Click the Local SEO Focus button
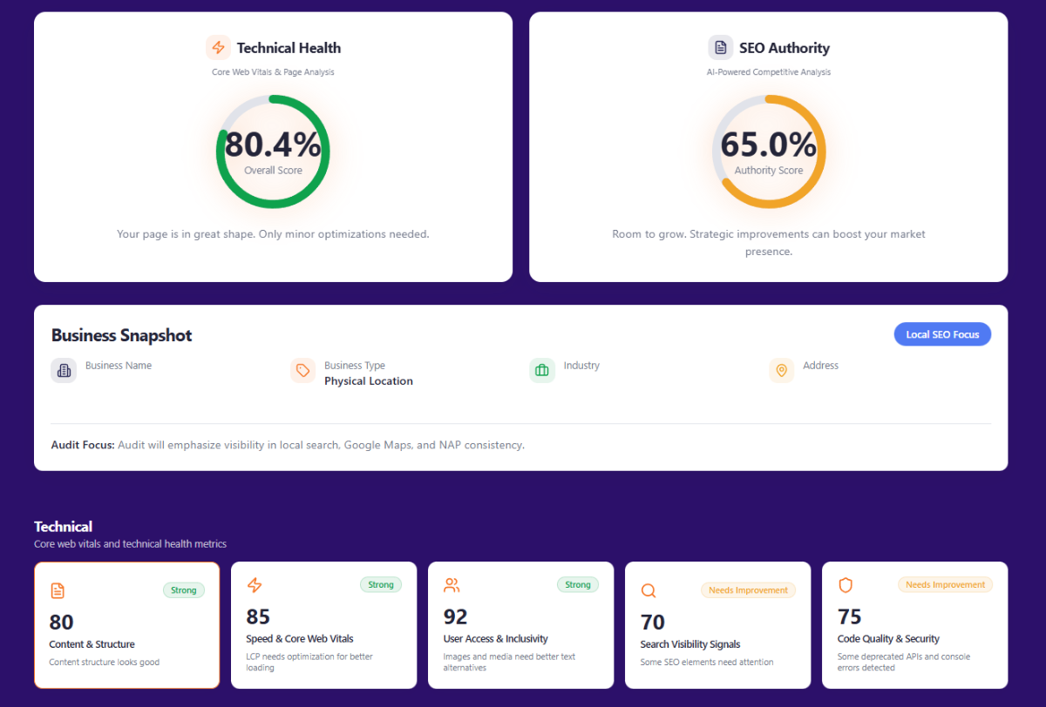click(942, 334)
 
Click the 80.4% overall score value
click(273, 145)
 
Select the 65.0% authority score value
click(768, 145)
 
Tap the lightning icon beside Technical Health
click(218, 48)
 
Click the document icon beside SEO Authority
click(720, 48)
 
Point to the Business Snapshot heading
click(121, 335)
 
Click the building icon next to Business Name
click(64, 371)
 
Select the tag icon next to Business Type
click(302, 371)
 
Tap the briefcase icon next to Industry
click(541, 371)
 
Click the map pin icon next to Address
click(781, 371)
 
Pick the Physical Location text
click(369, 381)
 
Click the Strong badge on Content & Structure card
click(183, 590)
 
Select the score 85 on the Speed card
click(258, 616)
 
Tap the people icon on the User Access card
click(452, 585)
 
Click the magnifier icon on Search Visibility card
click(649, 590)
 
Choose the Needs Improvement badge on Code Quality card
click(945, 585)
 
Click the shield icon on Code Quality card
click(846, 585)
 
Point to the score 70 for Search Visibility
click(653, 622)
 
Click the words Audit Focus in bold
click(83, 445)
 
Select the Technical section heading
click(63, 527)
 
